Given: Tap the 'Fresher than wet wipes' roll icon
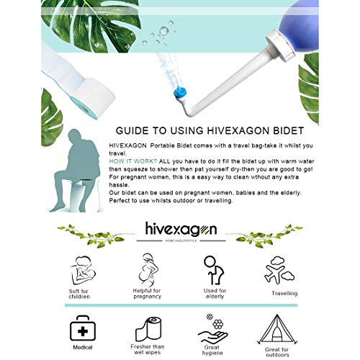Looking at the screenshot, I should [149, 328].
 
